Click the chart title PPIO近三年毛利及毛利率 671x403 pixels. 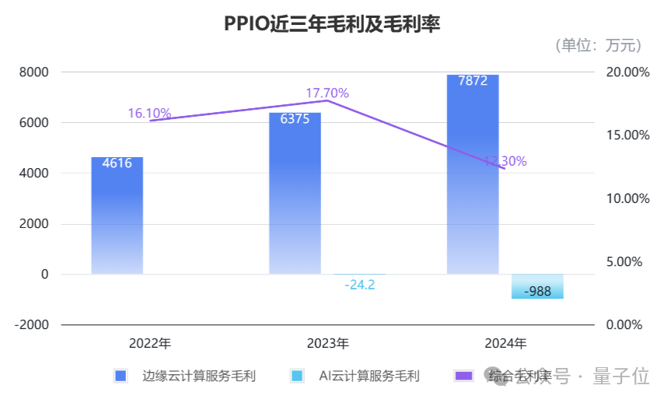332,26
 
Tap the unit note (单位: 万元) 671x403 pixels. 598,46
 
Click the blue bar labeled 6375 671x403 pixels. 295,194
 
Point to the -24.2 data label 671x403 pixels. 359,285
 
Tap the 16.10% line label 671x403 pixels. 149,114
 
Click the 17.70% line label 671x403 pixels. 327,93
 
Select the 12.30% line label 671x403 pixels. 505,162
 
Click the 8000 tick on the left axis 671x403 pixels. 33,72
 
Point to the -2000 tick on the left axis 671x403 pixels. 30,325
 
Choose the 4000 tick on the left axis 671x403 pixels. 33,173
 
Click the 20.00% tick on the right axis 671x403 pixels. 626,72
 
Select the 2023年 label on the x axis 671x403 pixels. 327,343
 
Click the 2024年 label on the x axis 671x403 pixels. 505,343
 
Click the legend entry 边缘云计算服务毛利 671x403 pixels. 198,377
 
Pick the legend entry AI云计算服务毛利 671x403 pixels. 369,377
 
